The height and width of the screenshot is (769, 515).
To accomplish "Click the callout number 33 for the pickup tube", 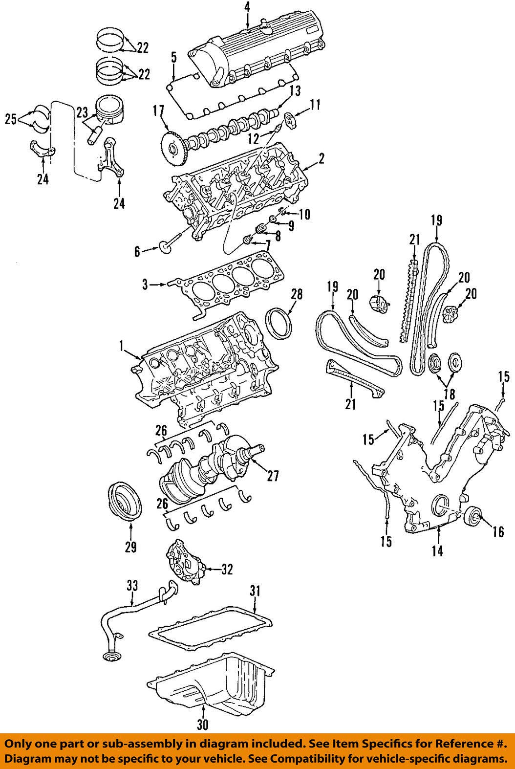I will (x=132, y=585).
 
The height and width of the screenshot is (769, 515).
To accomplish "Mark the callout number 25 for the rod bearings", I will (x=11, y=118).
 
